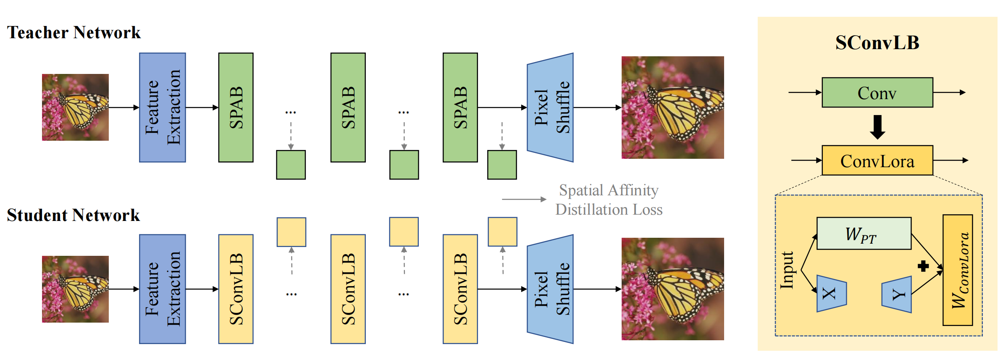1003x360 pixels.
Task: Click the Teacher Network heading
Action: (74, 33)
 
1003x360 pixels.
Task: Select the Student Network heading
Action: (74, 215)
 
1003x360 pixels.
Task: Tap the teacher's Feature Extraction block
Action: (163, 108)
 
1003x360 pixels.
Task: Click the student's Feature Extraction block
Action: (163, 289)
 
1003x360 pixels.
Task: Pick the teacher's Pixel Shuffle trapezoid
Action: (550, 108)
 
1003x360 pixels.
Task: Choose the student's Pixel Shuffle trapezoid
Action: (550, 289)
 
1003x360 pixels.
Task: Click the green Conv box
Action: (877, 93)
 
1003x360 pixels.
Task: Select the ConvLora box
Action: (877, 161)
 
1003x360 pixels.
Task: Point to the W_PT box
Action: (864, 234)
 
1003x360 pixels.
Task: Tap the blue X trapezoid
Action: (831, 294)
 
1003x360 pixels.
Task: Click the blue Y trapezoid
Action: (897, 294)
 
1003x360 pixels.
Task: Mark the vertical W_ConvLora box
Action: (958, 270)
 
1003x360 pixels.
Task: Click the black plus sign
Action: (923, 266)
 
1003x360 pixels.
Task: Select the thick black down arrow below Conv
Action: (877, 127)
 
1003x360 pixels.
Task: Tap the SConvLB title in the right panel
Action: (877, 43)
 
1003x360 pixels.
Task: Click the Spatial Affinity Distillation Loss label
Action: (609, 200)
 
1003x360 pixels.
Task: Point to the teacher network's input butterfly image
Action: (75, 107)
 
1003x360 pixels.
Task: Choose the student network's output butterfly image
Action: (672, 289)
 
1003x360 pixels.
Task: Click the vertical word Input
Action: (787, 270)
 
